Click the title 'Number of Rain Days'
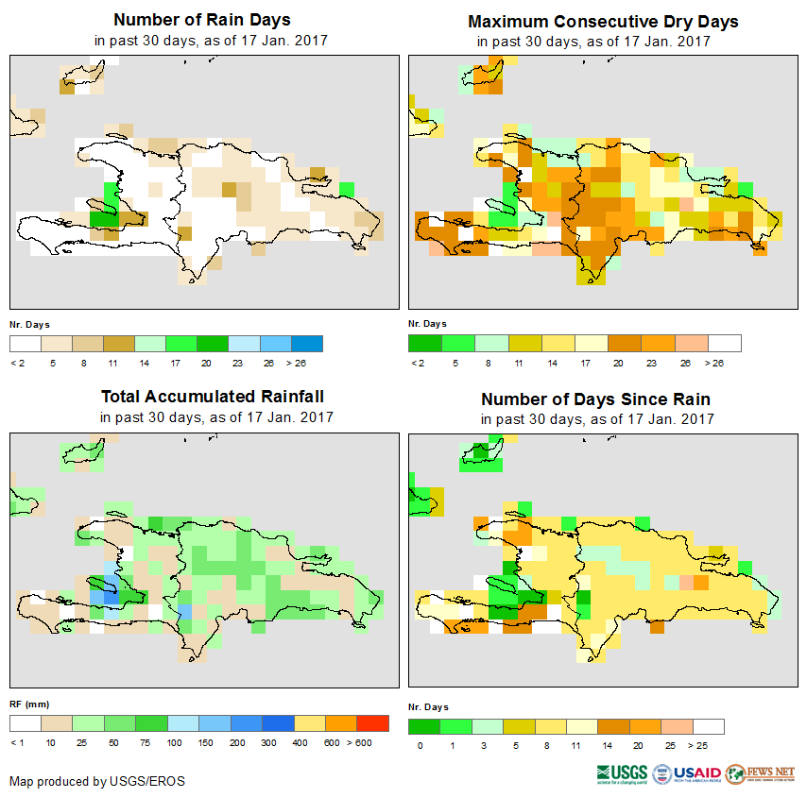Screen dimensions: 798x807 tap(202, 20)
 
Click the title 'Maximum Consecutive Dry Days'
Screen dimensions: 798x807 tap(603, 21)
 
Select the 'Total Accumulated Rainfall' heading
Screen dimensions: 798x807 tap(213, 397)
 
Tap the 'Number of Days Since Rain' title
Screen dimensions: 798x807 tap(595, 399)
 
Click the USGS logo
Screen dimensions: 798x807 tap(621, 773)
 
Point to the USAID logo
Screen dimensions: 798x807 tap(687, 773)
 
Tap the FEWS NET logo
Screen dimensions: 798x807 tap(761, 773)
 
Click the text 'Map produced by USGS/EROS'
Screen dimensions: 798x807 tap(97, 782)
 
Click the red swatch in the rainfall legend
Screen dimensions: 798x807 tap(373, 723)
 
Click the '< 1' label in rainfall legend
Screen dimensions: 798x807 tap(16, 742)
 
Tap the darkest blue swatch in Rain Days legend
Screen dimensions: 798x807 tap(307, 343)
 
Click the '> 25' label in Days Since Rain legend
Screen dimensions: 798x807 tap(708, 746)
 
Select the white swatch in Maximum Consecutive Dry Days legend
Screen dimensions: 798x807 tap(725, 343)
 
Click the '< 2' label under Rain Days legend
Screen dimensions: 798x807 tap(16, 362)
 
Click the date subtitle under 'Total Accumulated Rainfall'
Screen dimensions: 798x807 tap(216, 417)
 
